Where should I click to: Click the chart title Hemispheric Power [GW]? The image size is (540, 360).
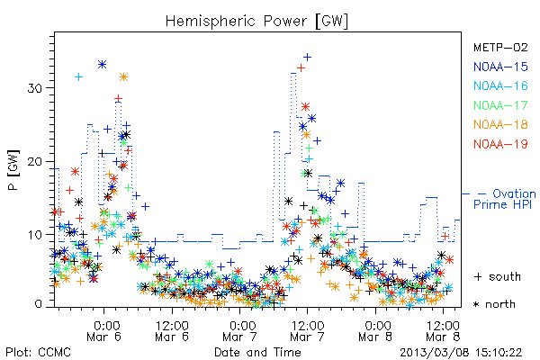coord(256,21)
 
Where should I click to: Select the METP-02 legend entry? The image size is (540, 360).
coord(500,47)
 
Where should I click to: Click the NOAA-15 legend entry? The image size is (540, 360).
coord(500,67)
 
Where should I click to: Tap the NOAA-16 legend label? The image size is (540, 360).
coord(500,85)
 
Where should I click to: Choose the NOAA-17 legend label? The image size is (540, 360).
coord(500,105)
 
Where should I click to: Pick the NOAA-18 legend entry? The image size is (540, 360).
coord(500,124)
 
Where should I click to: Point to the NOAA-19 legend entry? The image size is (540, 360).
coord(500,144)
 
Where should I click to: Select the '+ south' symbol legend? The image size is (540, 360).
coord(498,276)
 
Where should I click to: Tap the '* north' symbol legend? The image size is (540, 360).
coord(494,304)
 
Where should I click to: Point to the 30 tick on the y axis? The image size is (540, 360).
coord(34,88)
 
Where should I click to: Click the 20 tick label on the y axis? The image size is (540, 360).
coord(34,162)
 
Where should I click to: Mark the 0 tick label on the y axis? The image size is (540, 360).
coord(38,304)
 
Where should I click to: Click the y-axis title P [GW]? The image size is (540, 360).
coord(13,170)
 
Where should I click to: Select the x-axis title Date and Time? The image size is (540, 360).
coord(257,352)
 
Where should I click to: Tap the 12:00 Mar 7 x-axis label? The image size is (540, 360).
coord(308,331)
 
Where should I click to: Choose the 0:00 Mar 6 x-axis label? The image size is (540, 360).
coord(104,331)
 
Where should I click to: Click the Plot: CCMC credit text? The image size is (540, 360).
coord(38,352)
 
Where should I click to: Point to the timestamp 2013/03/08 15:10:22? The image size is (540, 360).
coord(461,353)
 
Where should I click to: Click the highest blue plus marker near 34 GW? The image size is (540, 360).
coord(307,57)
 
